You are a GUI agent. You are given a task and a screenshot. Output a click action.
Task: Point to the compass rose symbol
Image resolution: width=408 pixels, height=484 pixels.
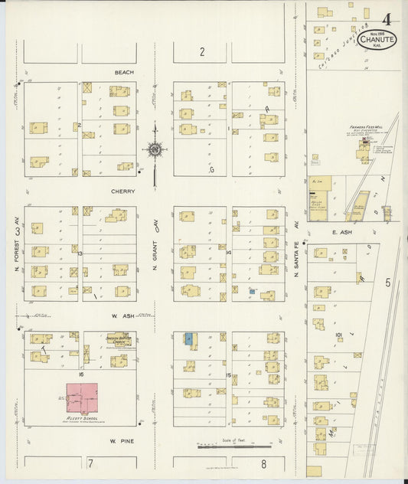coord(155,149)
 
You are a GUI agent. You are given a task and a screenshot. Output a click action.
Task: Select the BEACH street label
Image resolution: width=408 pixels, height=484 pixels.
coord(124,73)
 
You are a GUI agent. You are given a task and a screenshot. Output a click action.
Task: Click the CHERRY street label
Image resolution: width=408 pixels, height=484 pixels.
coord(122,191)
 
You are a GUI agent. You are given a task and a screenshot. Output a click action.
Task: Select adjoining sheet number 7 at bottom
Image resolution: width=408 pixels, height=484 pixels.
coord(90,463)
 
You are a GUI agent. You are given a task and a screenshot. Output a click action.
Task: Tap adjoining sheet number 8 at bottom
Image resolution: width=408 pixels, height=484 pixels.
coord(263,463)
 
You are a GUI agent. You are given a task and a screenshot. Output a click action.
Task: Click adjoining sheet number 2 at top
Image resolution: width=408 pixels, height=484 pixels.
coord(202,52)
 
